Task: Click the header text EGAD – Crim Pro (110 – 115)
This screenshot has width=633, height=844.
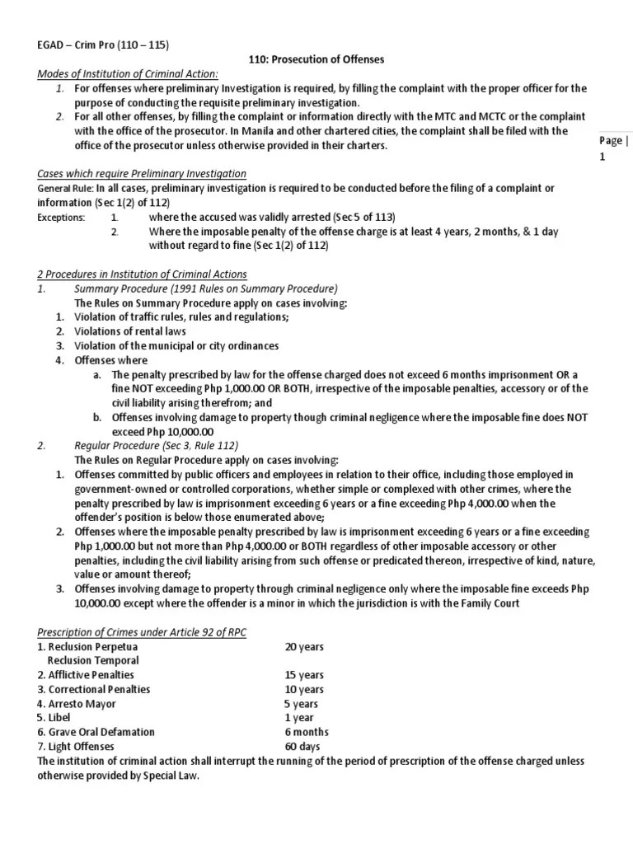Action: tap(103, 45)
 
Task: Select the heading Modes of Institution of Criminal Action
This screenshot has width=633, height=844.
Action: tap(128, 74)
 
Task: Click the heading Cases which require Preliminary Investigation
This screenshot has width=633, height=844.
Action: tap(142, 173)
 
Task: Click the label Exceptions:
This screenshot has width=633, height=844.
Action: tap(61, 218)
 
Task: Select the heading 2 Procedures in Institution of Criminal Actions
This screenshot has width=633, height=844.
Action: tap(142, 274)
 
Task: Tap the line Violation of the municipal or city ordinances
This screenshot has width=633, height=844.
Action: tap(176, 345)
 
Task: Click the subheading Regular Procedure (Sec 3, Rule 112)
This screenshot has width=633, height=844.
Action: tap(156, 445)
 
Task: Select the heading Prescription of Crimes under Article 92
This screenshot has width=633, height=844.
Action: tap(141, 631)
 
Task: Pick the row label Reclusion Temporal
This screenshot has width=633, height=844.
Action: tap(93, 660)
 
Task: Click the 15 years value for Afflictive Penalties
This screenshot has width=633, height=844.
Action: tap(304, 675)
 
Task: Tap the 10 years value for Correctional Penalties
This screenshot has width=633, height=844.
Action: tap(304, 689)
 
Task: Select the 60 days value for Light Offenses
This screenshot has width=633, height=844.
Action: tap(302, 746)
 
